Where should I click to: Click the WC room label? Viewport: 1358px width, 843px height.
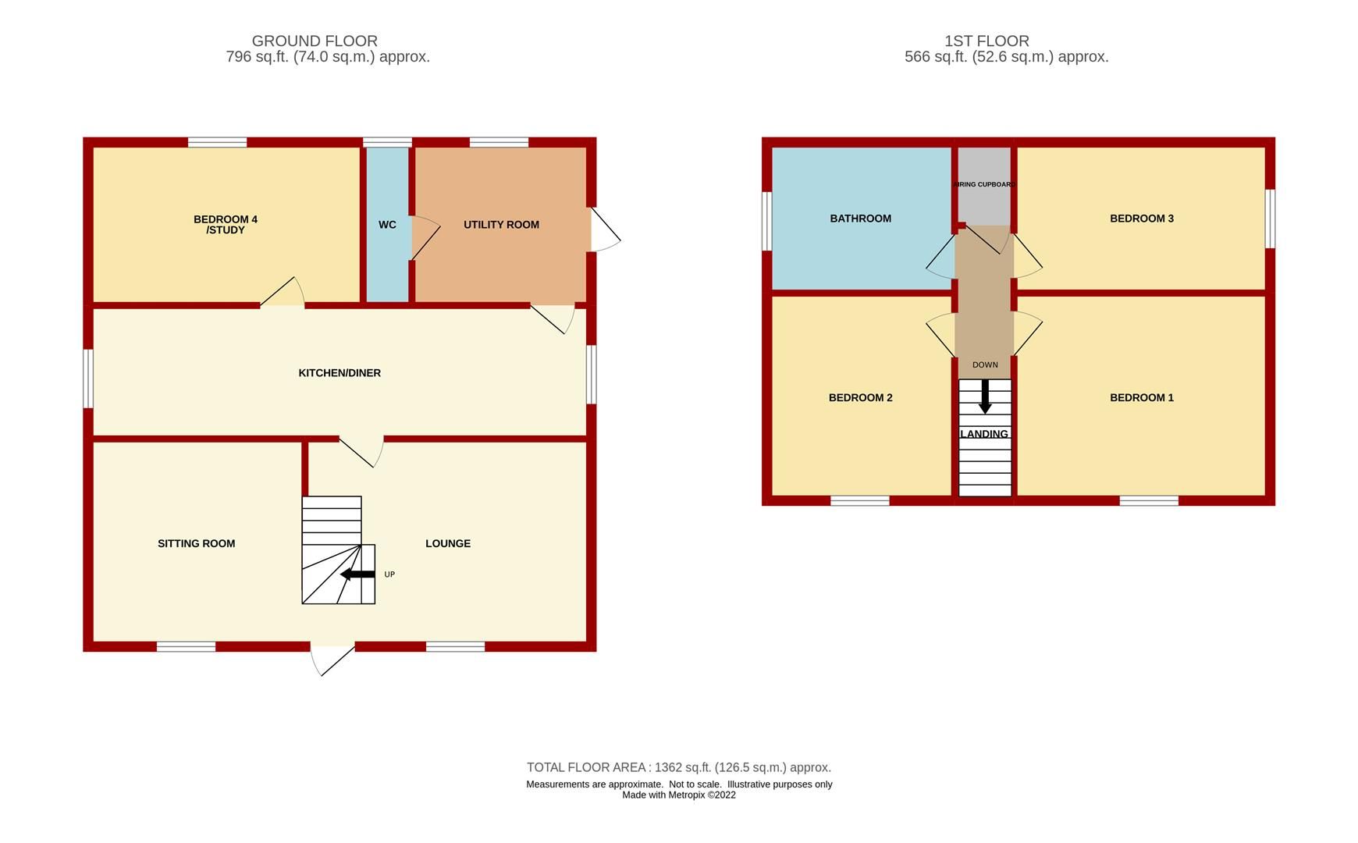point(387,225)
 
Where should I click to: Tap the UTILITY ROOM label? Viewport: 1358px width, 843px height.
point(501,225)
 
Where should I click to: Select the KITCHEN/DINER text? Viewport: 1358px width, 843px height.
point(339,373)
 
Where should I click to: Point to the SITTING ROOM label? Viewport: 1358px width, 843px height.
point(196,544)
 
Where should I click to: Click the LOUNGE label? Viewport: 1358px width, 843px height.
point(448,544)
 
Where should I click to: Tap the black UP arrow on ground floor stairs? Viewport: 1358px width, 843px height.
point(357,574)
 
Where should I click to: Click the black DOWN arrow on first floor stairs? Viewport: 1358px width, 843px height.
point(985,397)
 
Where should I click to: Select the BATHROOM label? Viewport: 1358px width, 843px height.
point(860,219)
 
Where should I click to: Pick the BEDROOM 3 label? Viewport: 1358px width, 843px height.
point(1141,219)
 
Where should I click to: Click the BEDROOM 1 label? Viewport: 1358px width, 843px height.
point(1141,398)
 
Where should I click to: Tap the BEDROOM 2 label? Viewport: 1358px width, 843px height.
point(860,398)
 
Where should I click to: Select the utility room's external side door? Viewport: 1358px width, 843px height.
point(604,229)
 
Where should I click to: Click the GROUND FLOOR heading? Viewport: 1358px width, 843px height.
point(315,41)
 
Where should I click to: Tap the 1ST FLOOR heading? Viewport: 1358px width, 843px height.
point(987,41)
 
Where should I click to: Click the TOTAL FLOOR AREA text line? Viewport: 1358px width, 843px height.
point(678,767)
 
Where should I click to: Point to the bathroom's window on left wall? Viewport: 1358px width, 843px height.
point(766,221)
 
